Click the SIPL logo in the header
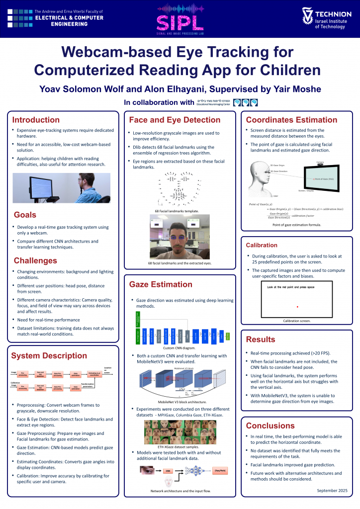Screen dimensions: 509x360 coord(180,18)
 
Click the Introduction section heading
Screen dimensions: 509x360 coord(36,120)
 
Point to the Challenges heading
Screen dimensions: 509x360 coord(35,260)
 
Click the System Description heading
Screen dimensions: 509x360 coord(49,355)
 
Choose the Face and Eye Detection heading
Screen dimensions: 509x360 coord(174,120)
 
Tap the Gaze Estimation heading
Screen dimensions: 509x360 coord(157,284)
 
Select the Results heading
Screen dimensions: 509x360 coord(261,339)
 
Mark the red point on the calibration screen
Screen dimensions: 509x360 coord(297,306)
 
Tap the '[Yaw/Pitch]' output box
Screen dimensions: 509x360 coord(221,470)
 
